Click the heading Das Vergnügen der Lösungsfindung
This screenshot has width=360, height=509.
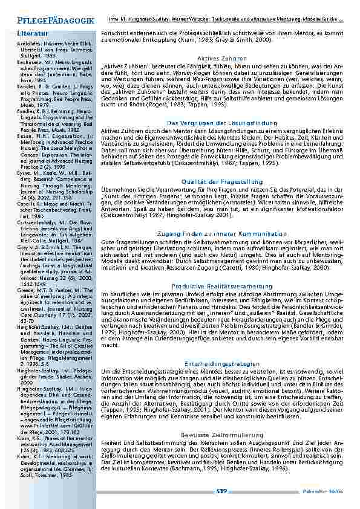click(x=222, y=123)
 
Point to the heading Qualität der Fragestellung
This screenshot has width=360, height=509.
click(x=222, y=181)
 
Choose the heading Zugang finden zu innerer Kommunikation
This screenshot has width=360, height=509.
click(x=222, y=232)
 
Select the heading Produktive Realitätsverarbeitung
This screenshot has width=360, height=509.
click(x=222, y=285)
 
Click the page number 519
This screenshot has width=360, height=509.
click(x=221, y=493)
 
